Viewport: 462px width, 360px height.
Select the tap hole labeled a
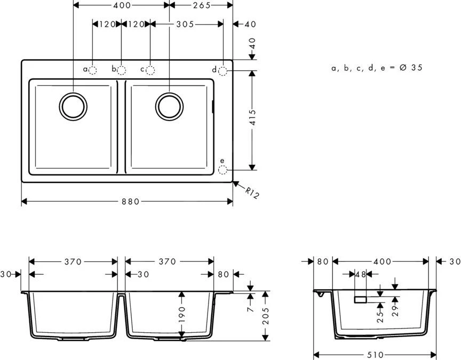[x=93, y=70]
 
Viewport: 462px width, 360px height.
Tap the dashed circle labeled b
[x=122, y=70]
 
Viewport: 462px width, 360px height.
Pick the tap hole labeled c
[x=150, y=70]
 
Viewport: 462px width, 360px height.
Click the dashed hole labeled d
[x=223, y=70]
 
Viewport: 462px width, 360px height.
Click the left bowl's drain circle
[x=73, y=106]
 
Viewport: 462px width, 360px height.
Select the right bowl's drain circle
[x=169, y=106]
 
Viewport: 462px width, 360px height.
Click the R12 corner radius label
[x=252, y=193]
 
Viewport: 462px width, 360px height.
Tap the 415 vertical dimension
[x=253, y=118]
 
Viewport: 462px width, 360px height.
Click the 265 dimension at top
[x=201, y=5]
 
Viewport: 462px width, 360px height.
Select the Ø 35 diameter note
[x=377, y=68]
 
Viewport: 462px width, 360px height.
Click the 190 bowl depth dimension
[x=182, y=315]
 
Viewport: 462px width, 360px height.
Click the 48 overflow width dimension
[x=361, y=275]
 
